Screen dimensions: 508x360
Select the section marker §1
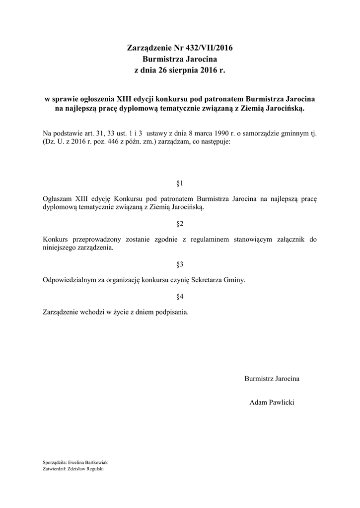(180, 183)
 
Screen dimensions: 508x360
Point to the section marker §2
(180, 224)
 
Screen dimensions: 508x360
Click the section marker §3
(180, 264)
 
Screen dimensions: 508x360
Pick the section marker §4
(180, 297)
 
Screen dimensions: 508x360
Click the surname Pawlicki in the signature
(281, 402)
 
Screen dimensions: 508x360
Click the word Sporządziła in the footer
(54, 462)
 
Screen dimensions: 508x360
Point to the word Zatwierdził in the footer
(55, 468)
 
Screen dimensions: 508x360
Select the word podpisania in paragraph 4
(172, 313)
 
